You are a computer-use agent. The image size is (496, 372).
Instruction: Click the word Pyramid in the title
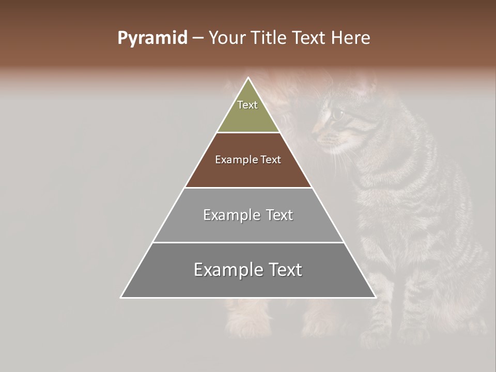[x=152, y=38]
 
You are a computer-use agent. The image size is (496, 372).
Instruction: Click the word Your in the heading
[x=227, y=38]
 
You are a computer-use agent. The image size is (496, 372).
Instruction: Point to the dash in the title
[x=198, y=38]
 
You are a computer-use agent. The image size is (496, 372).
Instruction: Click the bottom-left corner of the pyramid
[x=121, y=297]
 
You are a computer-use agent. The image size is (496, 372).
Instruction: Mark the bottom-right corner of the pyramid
[x=375, y=297]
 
